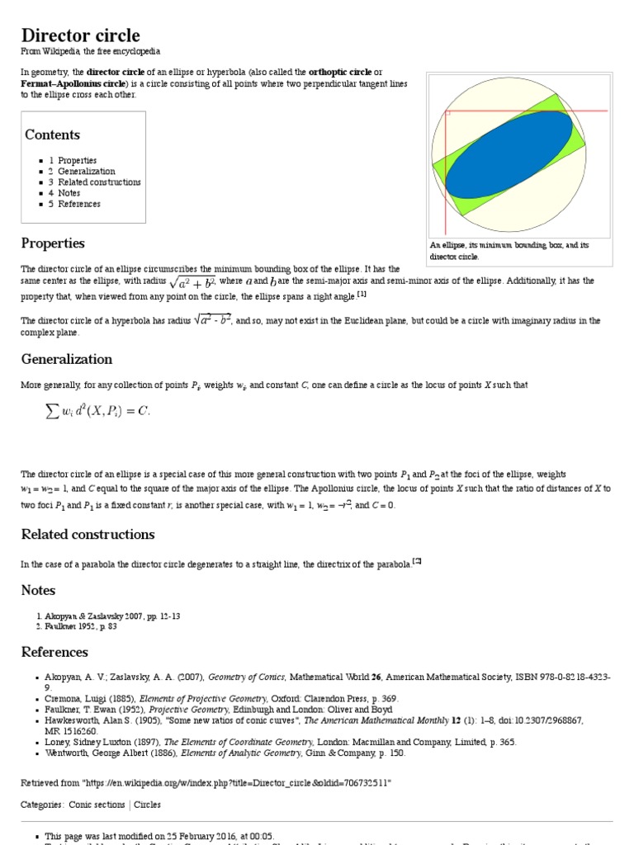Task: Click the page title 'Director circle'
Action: (80, 35)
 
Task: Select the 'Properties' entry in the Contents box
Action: (77, 161)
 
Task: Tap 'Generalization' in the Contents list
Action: (86, 172)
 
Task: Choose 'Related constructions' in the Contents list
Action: (99, 182)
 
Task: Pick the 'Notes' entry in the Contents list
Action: (69, 193)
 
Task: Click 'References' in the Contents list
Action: (79, 204)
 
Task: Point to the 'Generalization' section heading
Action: (66, 359)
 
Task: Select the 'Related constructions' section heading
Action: (88, 534)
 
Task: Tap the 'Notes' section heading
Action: (38, 590)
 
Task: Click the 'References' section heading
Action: (54, 652)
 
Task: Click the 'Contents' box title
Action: (52, 135)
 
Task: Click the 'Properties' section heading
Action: (53, 243)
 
